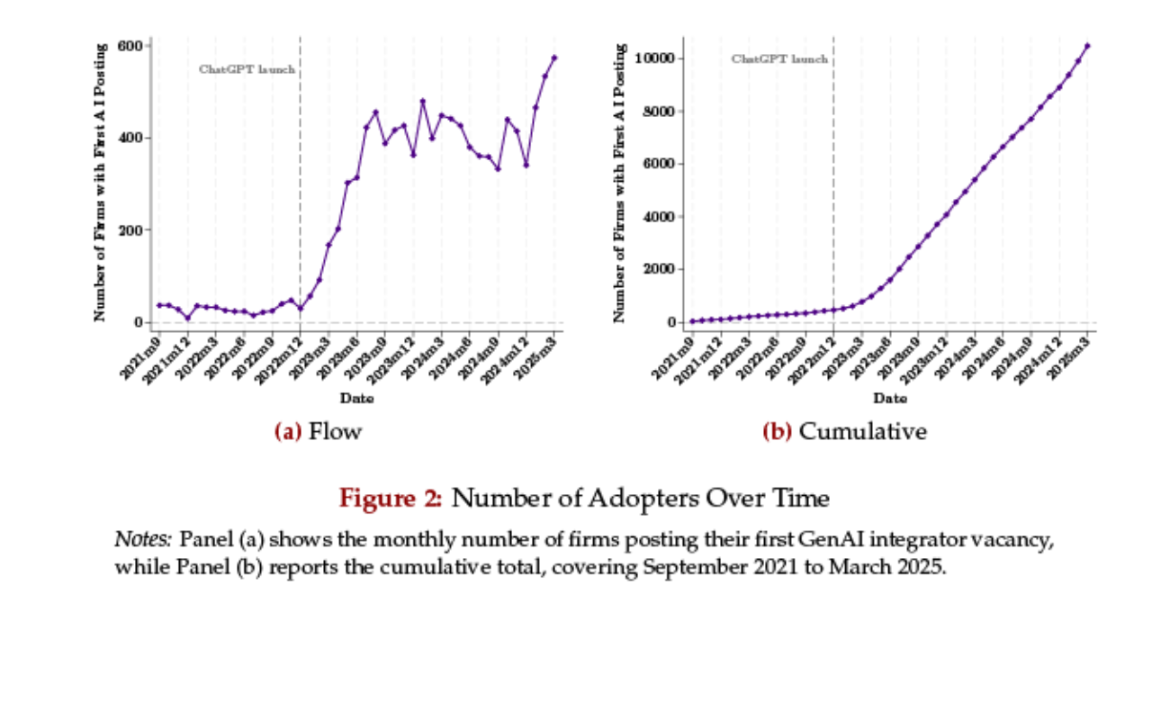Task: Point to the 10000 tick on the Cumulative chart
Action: point(659,58)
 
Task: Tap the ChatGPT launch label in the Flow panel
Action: point(247,69)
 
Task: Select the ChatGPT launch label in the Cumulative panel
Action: point(779,59)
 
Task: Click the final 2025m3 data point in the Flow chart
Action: point(554,58)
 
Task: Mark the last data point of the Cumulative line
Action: point(1087,45)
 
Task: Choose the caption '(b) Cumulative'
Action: point(844,432)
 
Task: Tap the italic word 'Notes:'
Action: point(143,540)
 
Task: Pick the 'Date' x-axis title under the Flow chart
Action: point(356,398)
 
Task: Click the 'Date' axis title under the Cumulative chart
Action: point(890,398)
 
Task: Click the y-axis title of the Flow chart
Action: point(101,183)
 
